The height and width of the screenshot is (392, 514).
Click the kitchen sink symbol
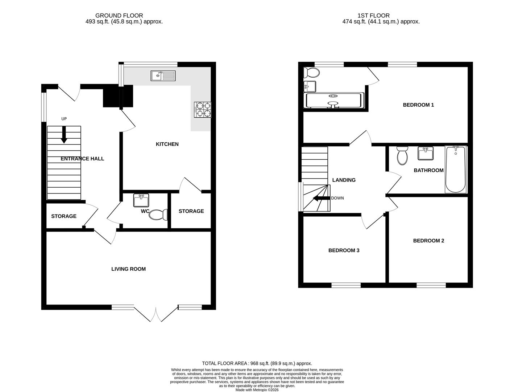(x=163, y=75)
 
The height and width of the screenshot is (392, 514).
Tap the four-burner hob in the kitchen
(x=203, y=110)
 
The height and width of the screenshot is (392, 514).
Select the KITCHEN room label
(x=167, y=144)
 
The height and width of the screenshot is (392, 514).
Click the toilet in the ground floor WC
(x=158, y=215)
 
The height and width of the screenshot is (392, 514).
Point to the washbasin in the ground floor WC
(x=141, y=200)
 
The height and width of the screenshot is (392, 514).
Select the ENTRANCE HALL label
(x=82, y=159)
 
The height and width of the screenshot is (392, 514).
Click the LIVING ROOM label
(x=128, y=269)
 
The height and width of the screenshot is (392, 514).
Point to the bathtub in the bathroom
(x=456, y=169)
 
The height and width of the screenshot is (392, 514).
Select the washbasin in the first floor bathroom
(x=426, y=153)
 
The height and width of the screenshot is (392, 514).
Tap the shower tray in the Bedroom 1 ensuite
(x=333, y=101)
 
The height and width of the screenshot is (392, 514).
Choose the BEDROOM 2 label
(x=428, y=241)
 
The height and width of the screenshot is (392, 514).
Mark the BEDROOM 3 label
(x=344, y=250)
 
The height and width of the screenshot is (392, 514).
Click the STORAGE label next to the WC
(x=191, y=211)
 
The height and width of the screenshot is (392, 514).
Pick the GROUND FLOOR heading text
(x=119, y=16)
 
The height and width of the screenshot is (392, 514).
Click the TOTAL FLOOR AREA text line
(x=257, y=363)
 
